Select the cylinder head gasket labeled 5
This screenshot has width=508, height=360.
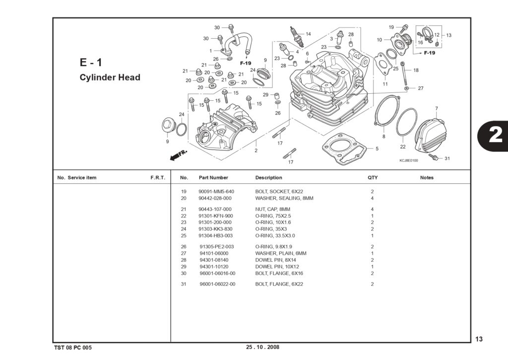[x=344, y=149]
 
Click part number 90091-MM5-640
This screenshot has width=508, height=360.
[x=216, y=192]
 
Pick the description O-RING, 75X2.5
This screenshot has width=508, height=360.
[x=273, y=216]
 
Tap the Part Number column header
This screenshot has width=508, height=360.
[x=213, y=178]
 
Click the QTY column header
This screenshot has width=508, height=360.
[x=373, y=178]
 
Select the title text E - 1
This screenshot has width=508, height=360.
[x=91, y=62]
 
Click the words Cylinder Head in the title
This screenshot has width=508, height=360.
[x=110, y=77]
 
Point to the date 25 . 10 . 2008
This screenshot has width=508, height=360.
[x=262, y=347]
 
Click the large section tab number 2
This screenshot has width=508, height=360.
[x=496, y=135]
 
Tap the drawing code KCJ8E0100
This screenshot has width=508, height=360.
[x=409, y=160]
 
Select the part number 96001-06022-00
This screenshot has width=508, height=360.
[x=217, y=284]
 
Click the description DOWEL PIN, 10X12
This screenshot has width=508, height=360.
[x=277, y=267]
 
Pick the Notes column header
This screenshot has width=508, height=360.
[x=427, y=178]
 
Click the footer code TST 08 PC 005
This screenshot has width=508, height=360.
[x=73, y=348]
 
